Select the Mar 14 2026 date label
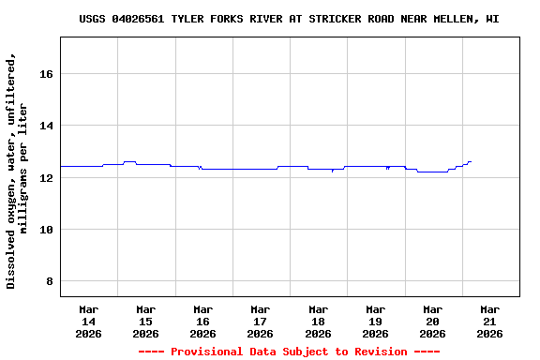[x=88, y=321]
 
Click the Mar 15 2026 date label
[x=145, y=321]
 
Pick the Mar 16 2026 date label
[x=202, y=321]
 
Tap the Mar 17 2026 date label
[x=260, y=321]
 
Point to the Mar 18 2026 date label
[x=318, y=321]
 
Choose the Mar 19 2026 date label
[x=375, y=321]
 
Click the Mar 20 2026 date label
[x=432, y=321]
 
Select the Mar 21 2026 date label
[x=489, y=321]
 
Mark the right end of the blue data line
[x=471, y=161]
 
